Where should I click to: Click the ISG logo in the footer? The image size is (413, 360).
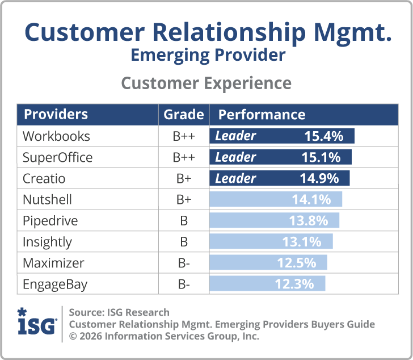point(37,323)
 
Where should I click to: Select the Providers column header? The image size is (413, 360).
point(56,114)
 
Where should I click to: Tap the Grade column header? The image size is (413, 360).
point(183,114)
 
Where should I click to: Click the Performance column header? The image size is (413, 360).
point(262,114)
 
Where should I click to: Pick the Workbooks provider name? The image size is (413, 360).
point(56,136)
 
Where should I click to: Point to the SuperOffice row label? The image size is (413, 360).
point(57,157)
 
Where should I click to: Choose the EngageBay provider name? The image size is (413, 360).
point(54,284)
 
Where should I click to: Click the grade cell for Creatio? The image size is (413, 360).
point(183,179)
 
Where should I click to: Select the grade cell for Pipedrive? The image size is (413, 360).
point(183,221)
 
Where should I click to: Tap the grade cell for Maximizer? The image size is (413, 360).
point(183,263)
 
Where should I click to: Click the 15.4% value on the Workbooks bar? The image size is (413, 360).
point(324,136)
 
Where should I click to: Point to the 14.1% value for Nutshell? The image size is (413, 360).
point(311,200)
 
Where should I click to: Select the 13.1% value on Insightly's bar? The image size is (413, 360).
point(301,242)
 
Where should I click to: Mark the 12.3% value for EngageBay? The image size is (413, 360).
point(294,284)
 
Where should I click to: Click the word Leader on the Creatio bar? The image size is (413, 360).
point(235,178)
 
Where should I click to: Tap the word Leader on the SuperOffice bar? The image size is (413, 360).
point(235,157)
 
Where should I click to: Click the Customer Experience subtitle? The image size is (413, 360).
point(206,83)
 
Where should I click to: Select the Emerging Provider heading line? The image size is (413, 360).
point(206,55)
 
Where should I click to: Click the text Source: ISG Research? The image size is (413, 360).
point(119,312)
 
